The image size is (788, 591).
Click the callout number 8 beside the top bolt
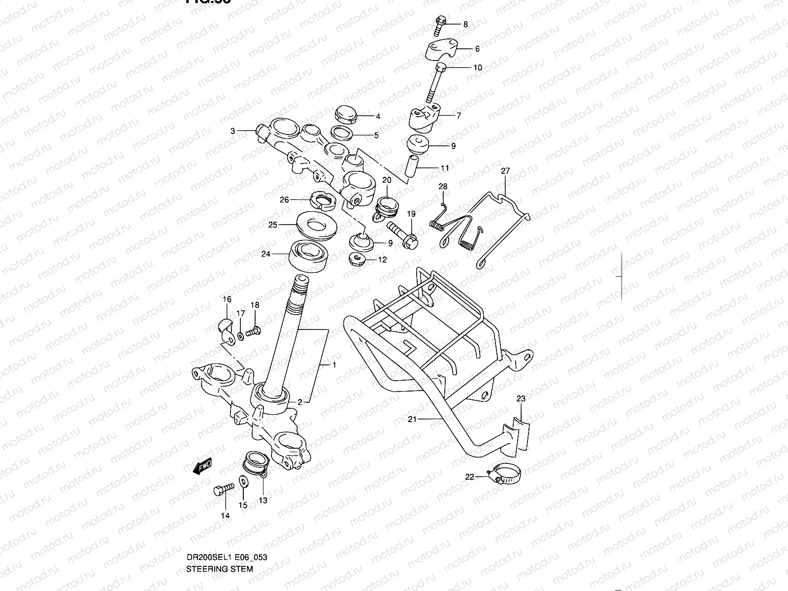click(465, 24)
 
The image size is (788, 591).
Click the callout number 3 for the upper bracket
click(233, 131)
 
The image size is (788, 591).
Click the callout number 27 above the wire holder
click(505, 171)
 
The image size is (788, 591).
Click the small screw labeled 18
click(253, 332)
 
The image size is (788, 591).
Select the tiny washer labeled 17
click(240, 335)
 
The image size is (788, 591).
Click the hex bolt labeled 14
click(223, 490)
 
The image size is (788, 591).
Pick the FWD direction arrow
click(202, 466)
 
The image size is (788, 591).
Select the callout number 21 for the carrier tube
click(412, 419)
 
